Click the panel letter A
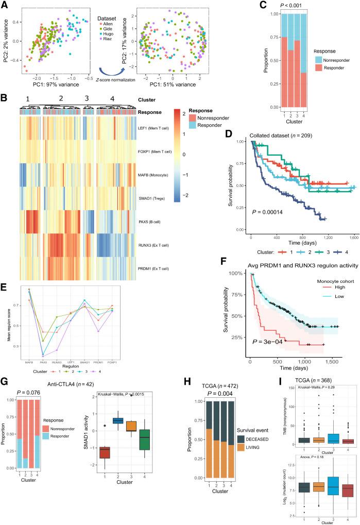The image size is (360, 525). [x=5, y=5]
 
